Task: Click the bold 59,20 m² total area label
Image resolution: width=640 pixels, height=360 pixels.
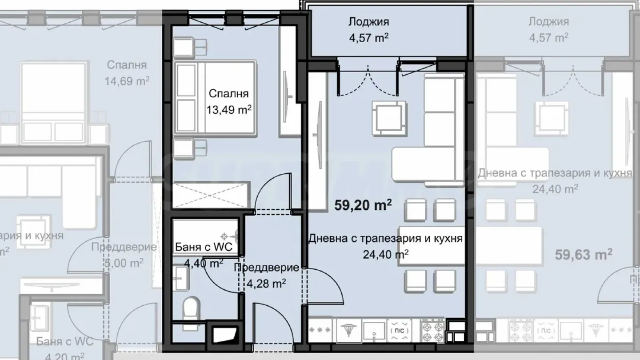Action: (363, 205)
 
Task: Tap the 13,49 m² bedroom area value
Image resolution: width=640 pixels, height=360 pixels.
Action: (229, 109)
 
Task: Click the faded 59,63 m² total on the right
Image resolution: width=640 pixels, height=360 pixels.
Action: (584, 255)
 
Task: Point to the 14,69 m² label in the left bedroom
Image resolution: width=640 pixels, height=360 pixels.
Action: (127, 81)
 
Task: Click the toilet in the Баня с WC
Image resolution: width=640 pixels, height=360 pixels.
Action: (192, 308)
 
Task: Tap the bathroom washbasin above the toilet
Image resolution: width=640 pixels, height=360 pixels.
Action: (181, 279)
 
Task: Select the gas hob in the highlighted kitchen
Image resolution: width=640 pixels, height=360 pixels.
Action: (432, 331)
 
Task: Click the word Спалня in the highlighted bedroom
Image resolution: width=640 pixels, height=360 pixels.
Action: (228, 94)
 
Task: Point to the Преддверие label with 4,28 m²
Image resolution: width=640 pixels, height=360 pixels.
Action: (266, 268)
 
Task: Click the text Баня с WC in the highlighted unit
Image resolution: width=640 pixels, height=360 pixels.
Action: (204, 248)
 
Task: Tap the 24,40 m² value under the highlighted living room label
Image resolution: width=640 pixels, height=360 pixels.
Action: (386, 254)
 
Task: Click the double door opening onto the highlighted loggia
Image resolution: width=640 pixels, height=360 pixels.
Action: (368, 80)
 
